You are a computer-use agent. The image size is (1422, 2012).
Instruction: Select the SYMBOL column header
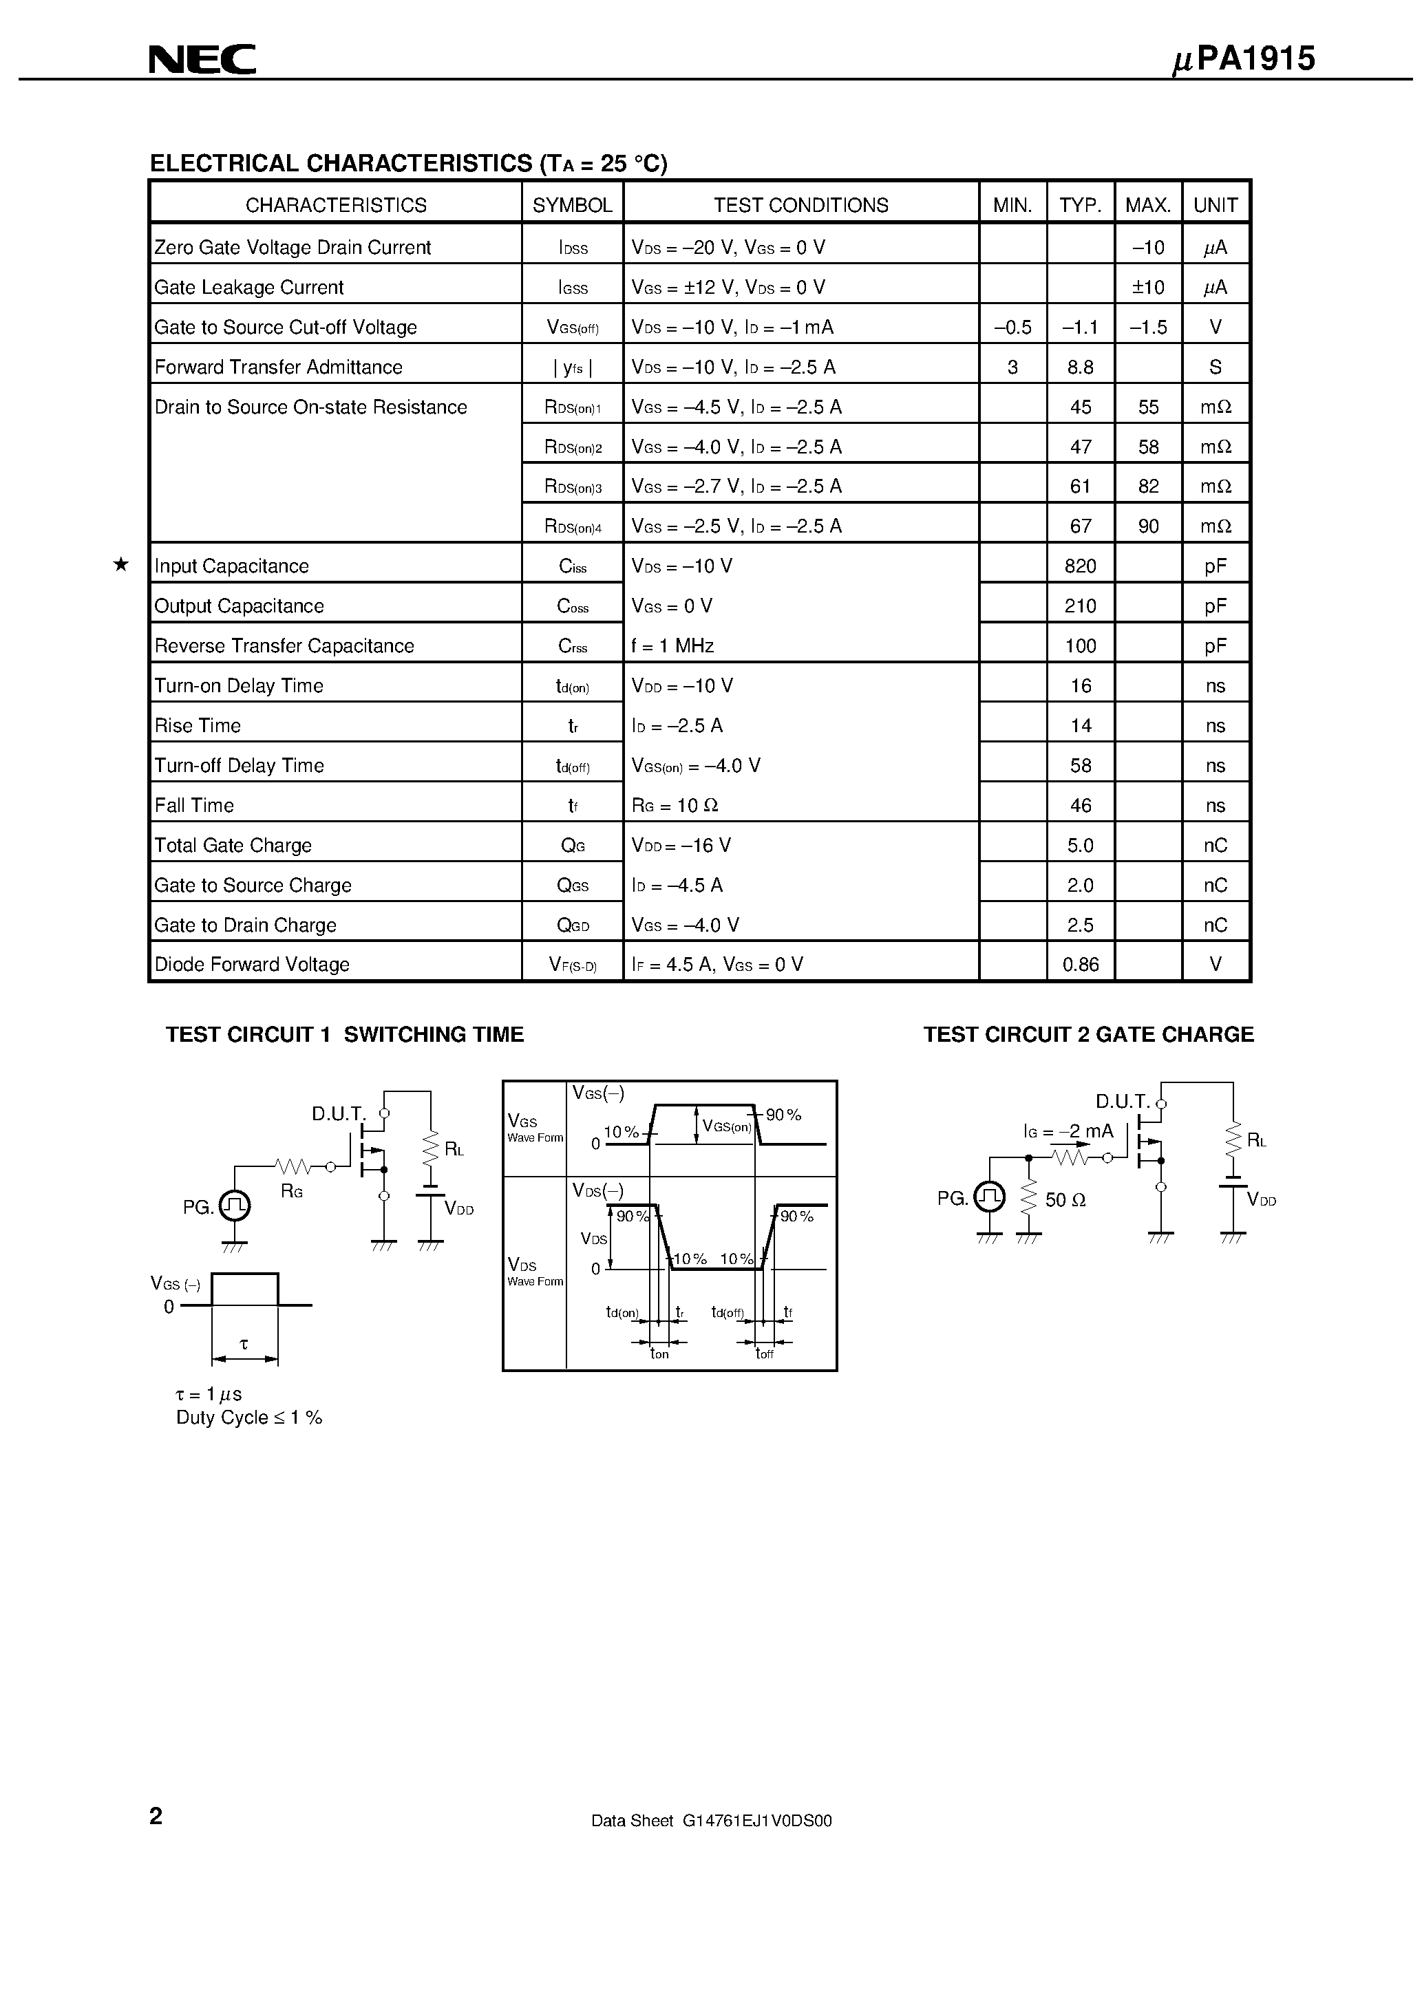pyautogui.click(x=573, y=205)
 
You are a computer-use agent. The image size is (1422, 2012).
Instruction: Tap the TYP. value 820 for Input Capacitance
pyautogui.click(x=1080, y=566)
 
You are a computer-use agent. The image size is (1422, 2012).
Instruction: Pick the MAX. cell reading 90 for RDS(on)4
pyautogui.click(x=1147, y=526)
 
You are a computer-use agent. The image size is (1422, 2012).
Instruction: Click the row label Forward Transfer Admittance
pyautogui.click(x=278, y=367)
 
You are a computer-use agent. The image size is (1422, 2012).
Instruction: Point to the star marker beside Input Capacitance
pyautogui.click(x=121, y=565)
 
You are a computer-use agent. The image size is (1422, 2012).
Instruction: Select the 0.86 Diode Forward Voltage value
pyautogui.click(x=1080, y=965)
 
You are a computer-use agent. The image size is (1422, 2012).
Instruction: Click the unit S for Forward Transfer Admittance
pyautogui.click(x=1215, y=367)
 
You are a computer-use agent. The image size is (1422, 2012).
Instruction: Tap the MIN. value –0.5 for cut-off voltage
pyautogui.click(x=1012, y=327)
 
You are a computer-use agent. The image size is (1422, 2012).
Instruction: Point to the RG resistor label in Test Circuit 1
pyautogui.click(x=292, y=1192)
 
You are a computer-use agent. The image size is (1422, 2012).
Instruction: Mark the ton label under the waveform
pyautogui.click(x=659, y=1354)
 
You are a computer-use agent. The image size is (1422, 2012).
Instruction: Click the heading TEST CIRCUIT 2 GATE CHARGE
pyautogui.click(x=1088, y=1035)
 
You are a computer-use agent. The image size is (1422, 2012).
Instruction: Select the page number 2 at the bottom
pyautogui.click(x=156, y=1816)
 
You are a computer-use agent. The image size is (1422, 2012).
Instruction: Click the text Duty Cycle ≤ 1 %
pyautogui.click(x=249, y=1418)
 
